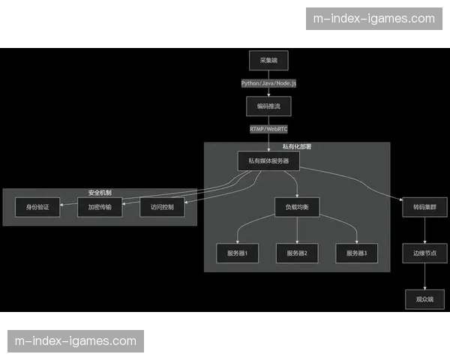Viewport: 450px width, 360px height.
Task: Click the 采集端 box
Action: click(x=268, y=60)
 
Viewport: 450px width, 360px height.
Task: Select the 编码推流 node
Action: click(x=268, y=106)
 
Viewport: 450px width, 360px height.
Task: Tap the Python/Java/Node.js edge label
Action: click(x=268, y=83)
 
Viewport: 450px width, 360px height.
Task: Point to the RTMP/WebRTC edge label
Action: click(x=268, y=129)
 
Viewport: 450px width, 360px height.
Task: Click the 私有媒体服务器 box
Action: click(x=268, y=161)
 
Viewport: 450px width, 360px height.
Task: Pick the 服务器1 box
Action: click(x=237, y=253)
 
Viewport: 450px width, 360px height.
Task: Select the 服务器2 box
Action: click(x=296, y=253)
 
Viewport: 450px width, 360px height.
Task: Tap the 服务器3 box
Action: click(x=356, y=253)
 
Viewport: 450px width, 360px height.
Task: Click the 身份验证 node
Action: click(x=37, y=207)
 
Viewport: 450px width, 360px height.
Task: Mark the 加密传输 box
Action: click(x=100, y=207)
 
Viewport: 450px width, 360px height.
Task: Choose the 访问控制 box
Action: click(x=162, y=207)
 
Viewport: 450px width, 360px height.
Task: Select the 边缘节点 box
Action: click(x=424, y=253)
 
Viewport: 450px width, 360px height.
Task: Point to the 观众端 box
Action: click(x=424, y=299)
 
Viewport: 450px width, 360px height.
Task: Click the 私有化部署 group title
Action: click(x=297, y=147)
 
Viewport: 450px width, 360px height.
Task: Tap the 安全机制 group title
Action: click(x=99, y=193)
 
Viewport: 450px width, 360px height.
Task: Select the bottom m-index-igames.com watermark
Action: click(x=75, y=341)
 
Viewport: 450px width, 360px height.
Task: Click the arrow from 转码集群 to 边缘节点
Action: click(x=424, y=230)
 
